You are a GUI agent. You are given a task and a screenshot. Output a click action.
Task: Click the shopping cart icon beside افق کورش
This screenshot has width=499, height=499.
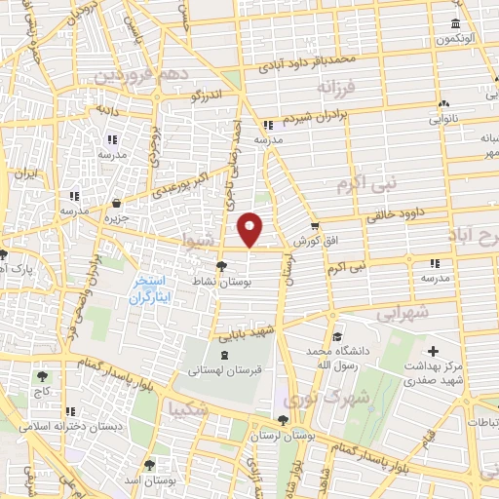pyautogui.click(x=315, y=226)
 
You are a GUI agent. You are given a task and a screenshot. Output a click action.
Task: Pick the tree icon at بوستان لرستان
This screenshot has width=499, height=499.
pyautogui.click(x=283, y=421)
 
